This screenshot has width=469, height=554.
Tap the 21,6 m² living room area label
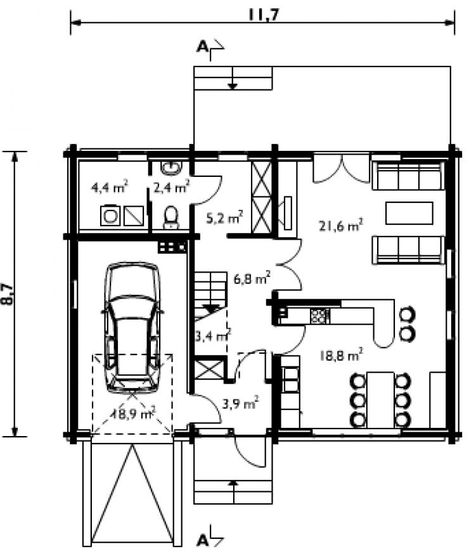pyautogui.click(x=341, y=225)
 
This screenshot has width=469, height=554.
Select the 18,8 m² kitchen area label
pyautogui.click(x=341, y=354)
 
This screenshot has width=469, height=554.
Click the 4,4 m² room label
pyautogui.click(x=110, y=186)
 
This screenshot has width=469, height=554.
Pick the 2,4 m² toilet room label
pyautogui.click(x=172, y=186)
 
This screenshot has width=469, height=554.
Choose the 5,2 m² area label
pyautogui.click(x=224, y=217)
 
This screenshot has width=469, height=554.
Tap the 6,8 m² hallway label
pyautogui.click(x=252, y=278)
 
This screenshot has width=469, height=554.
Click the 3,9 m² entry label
pyautogui.click(x=240, y=403)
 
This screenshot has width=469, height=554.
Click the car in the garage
pyautogui.click(x=132, y=328)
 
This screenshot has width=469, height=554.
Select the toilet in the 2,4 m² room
pyautogui.click(x=172, y=217)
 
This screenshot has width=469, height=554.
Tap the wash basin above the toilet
pyautogui.click(x=171, y=167)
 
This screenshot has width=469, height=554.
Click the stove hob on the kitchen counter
pyautogui.click(x=320, y=316)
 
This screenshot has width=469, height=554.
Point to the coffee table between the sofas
pyautogui.click(x=409, y=213)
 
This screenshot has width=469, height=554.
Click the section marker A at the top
pyautogui.click(x=202, y=46)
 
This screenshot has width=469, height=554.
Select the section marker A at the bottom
pyautogui.click(x=202, y=540)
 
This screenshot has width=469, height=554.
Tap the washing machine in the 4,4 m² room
pyautogui.click(x=110, y=216)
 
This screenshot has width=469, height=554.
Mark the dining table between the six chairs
pyautogui.click(x=380, y=399)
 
